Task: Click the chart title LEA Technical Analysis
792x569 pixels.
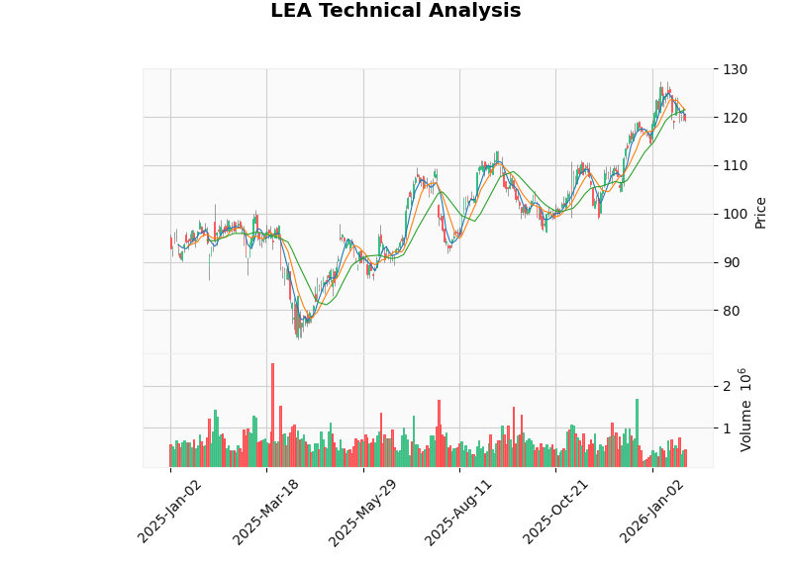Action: tap(395, 11)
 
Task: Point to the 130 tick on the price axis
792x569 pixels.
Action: tap(735, 69)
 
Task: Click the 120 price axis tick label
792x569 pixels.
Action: tap(735, 118)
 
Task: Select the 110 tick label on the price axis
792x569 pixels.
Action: tap(735, 166)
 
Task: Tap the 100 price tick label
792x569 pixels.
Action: tap(735, 215)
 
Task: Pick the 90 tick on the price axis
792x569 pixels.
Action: tap(731, 262)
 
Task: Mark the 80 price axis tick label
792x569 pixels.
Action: tap(731, 311)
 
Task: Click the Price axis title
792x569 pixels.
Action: tap(760, 211)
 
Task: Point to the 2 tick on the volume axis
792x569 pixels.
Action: tap(726, 387)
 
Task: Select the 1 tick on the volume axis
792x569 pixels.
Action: tap(726, 428)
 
